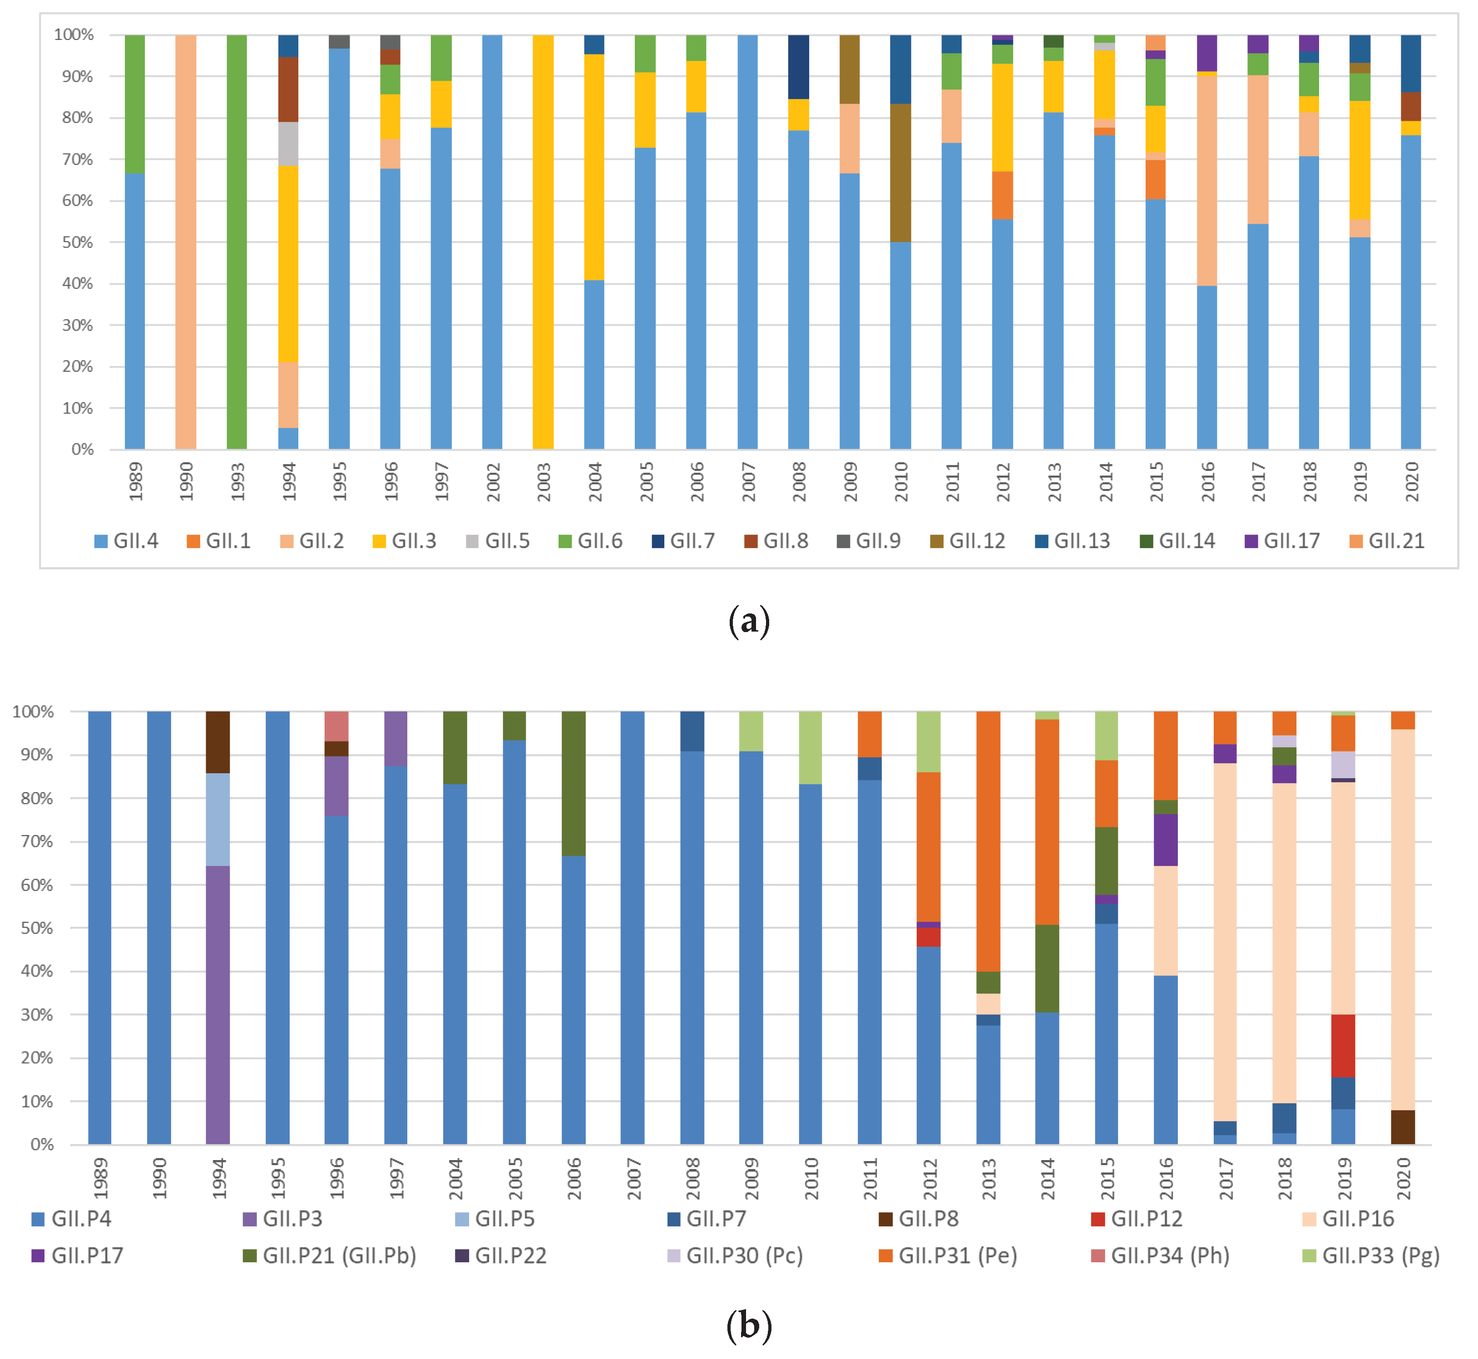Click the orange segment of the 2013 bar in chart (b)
coord(988,841)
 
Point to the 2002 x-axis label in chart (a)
coord(493,482)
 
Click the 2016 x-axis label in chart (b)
coord(1166,1178)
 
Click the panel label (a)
coord(749,622)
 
